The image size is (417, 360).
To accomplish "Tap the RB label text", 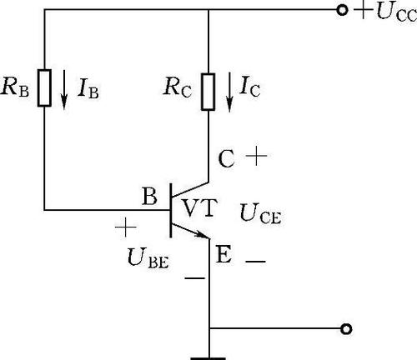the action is click(15, 87).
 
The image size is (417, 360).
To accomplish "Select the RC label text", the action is click(178, 87).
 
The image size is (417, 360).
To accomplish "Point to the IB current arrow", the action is click(64, 90).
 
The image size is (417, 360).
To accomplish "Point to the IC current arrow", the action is click(229, 92).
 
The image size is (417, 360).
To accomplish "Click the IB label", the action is click(88, 88).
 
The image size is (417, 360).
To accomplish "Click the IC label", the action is click(250, 87).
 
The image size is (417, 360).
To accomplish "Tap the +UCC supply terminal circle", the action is click(342, 10).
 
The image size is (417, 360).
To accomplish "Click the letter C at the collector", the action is click(226, 159).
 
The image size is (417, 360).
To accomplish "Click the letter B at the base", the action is click(149, 196).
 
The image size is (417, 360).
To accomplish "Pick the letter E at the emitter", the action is click(224, 255).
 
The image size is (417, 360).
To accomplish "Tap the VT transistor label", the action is click(199, 207).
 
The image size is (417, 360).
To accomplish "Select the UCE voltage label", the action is click(260, 214).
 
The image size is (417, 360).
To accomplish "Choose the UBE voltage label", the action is click(148, 258).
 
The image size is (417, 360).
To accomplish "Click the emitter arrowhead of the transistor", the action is click(203, 235).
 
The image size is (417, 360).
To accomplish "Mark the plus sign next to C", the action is click(256, 156).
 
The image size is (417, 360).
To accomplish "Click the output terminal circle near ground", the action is click(346, 329).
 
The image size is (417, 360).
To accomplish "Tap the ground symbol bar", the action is click(208, 358).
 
